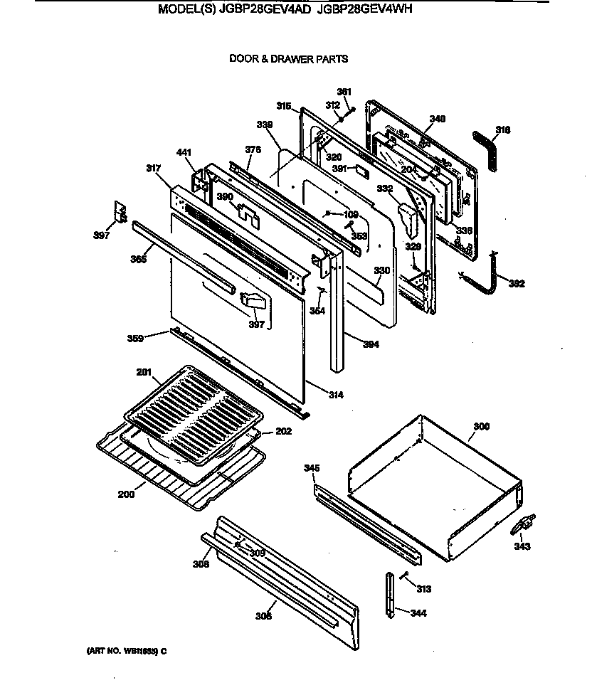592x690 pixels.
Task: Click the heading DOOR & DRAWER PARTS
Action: pos(288,59)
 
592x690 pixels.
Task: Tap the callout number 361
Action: pos(344,92)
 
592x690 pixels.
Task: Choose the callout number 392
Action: pos(517,284)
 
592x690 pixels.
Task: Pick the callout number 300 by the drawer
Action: pos(481,427)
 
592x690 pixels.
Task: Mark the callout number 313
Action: pos(424,589)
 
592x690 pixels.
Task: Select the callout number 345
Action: pos(311,468)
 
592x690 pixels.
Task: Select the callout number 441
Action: pos(184,152)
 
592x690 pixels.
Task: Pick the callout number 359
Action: pos(154,338)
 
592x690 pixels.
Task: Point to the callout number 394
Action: pos(370,345)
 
